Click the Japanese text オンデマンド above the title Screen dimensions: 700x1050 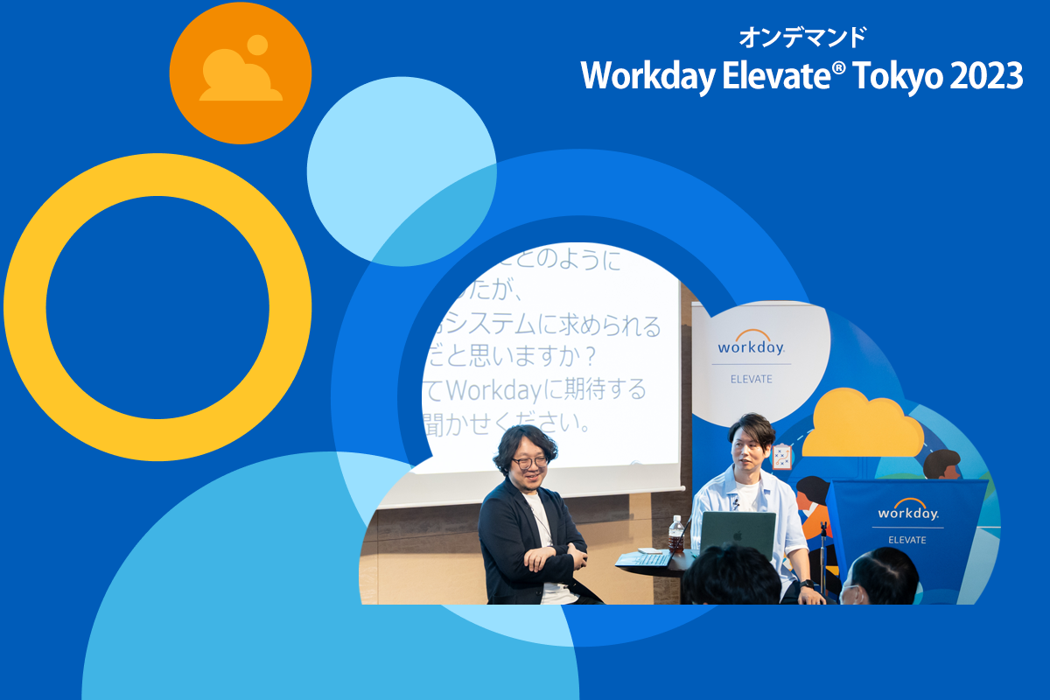(802, 37)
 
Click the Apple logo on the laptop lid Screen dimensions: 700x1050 (738, 533)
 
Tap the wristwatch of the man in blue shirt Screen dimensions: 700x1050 (807, 584)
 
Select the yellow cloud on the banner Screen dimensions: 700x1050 (862, 423)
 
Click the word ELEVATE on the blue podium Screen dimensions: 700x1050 (907, 540)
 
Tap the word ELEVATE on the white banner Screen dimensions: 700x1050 (751, 379)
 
